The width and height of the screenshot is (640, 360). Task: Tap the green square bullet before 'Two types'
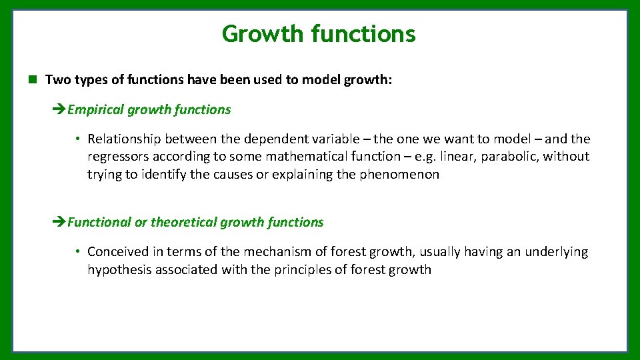tap(32, 80)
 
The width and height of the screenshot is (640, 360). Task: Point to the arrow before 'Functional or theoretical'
tap(59, 223)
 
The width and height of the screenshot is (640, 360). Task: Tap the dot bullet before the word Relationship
tap(78, 139)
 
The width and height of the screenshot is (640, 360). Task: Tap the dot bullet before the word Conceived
tap(78, 252)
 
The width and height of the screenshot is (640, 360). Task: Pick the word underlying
tap(556, 251)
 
